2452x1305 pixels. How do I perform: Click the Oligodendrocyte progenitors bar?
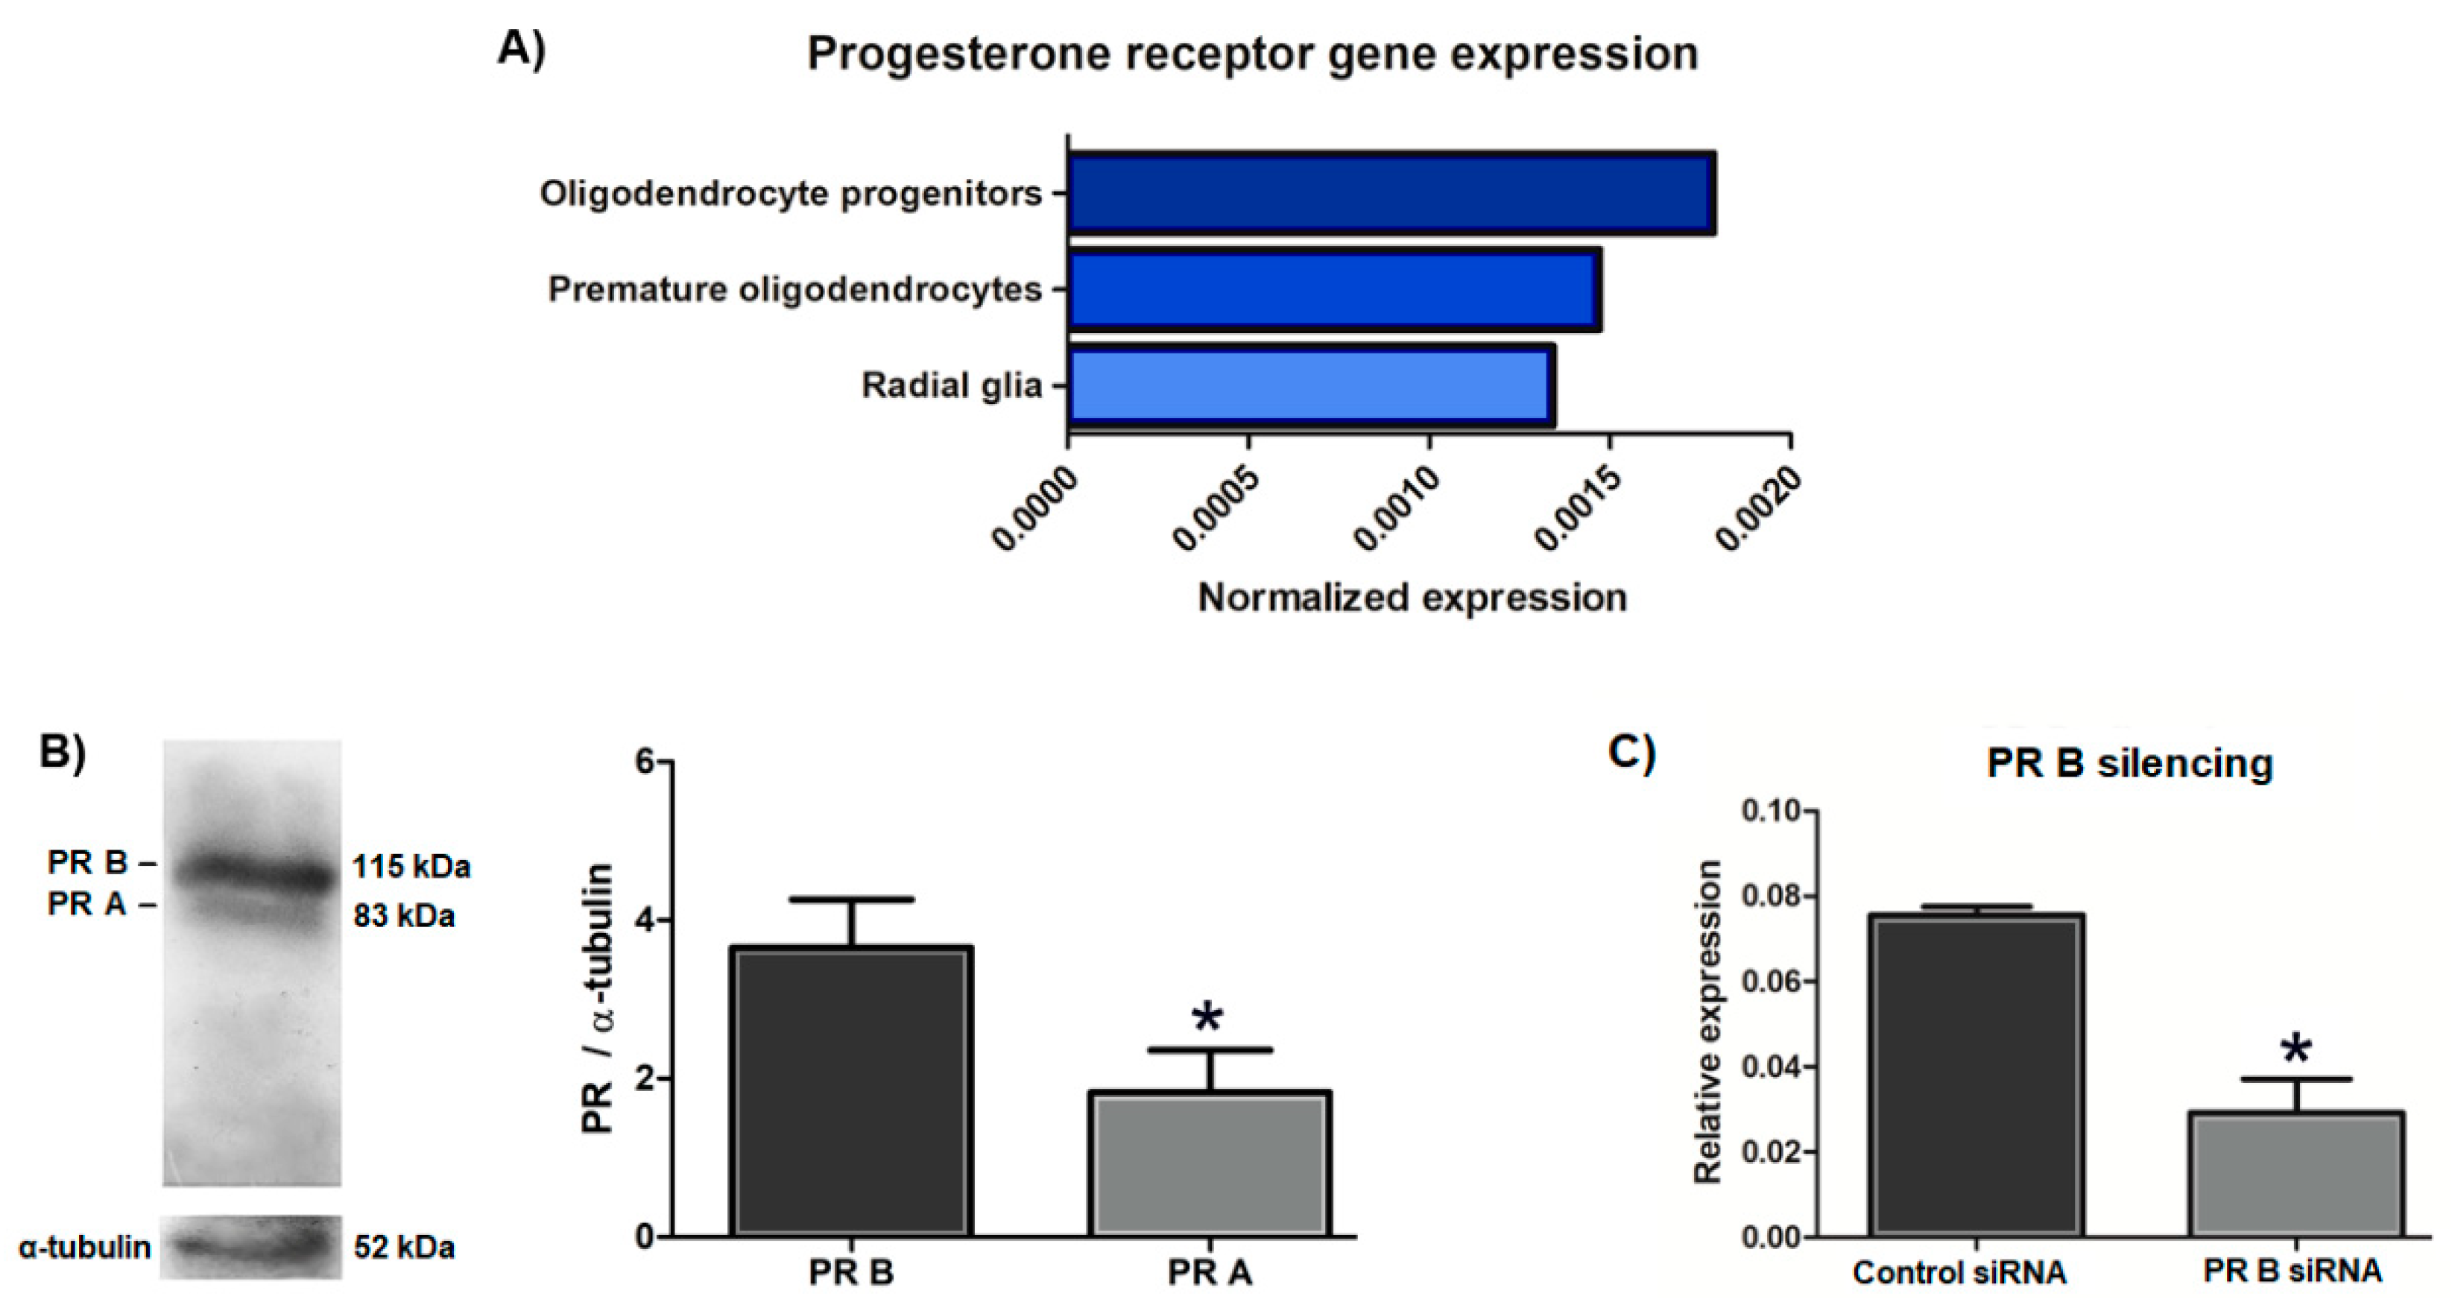(1391, 192)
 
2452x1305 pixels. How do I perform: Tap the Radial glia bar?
(1311, 385)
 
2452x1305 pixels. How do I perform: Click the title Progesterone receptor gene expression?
(1253, 54)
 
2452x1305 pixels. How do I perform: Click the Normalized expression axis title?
(1412, 598)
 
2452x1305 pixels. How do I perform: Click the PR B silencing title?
(2129, 763)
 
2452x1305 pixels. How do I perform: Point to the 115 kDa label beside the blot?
(411, 868)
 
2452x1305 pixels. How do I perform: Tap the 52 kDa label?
(404, 1247)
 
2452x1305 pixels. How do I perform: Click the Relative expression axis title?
(1710, 1023)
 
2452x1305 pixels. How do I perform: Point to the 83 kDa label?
(404, 916)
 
